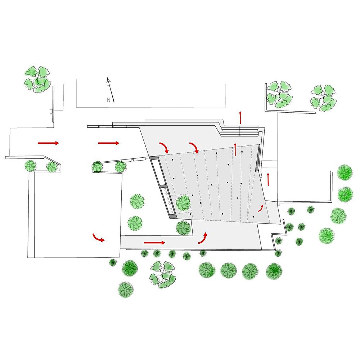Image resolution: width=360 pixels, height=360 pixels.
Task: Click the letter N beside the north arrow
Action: [109, 100]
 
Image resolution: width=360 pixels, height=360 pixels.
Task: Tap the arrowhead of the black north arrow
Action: [108, 79]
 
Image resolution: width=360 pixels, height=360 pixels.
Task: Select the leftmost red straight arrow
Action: [48, 143]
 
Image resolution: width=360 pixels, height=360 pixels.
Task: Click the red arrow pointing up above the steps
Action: [240, 118]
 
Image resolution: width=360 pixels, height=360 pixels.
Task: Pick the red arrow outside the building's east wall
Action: [268, 179]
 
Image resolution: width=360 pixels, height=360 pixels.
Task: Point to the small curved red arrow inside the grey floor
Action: [261, 208]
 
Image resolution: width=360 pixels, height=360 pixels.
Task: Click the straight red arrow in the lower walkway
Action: [154, 242]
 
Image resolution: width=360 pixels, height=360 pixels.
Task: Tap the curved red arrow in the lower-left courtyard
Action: [98, 238]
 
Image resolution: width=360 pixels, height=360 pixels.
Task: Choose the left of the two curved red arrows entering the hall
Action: [165, 147]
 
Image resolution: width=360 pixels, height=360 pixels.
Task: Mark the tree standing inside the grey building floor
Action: [183, 203]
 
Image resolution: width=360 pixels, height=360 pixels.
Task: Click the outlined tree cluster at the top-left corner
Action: [37, 79]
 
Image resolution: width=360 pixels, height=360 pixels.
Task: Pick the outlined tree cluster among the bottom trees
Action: [163, 275]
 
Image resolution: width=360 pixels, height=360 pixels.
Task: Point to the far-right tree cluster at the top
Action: [324, 98]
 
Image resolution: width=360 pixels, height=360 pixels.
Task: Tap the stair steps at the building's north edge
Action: [239, 131]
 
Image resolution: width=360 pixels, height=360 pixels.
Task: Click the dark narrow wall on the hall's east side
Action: [258, 158]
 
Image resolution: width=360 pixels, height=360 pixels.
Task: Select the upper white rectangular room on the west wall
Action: [158, 171]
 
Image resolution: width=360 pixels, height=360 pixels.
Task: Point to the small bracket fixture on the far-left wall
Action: [51, 111]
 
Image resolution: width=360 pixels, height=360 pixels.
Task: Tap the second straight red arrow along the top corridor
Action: [109, 143]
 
